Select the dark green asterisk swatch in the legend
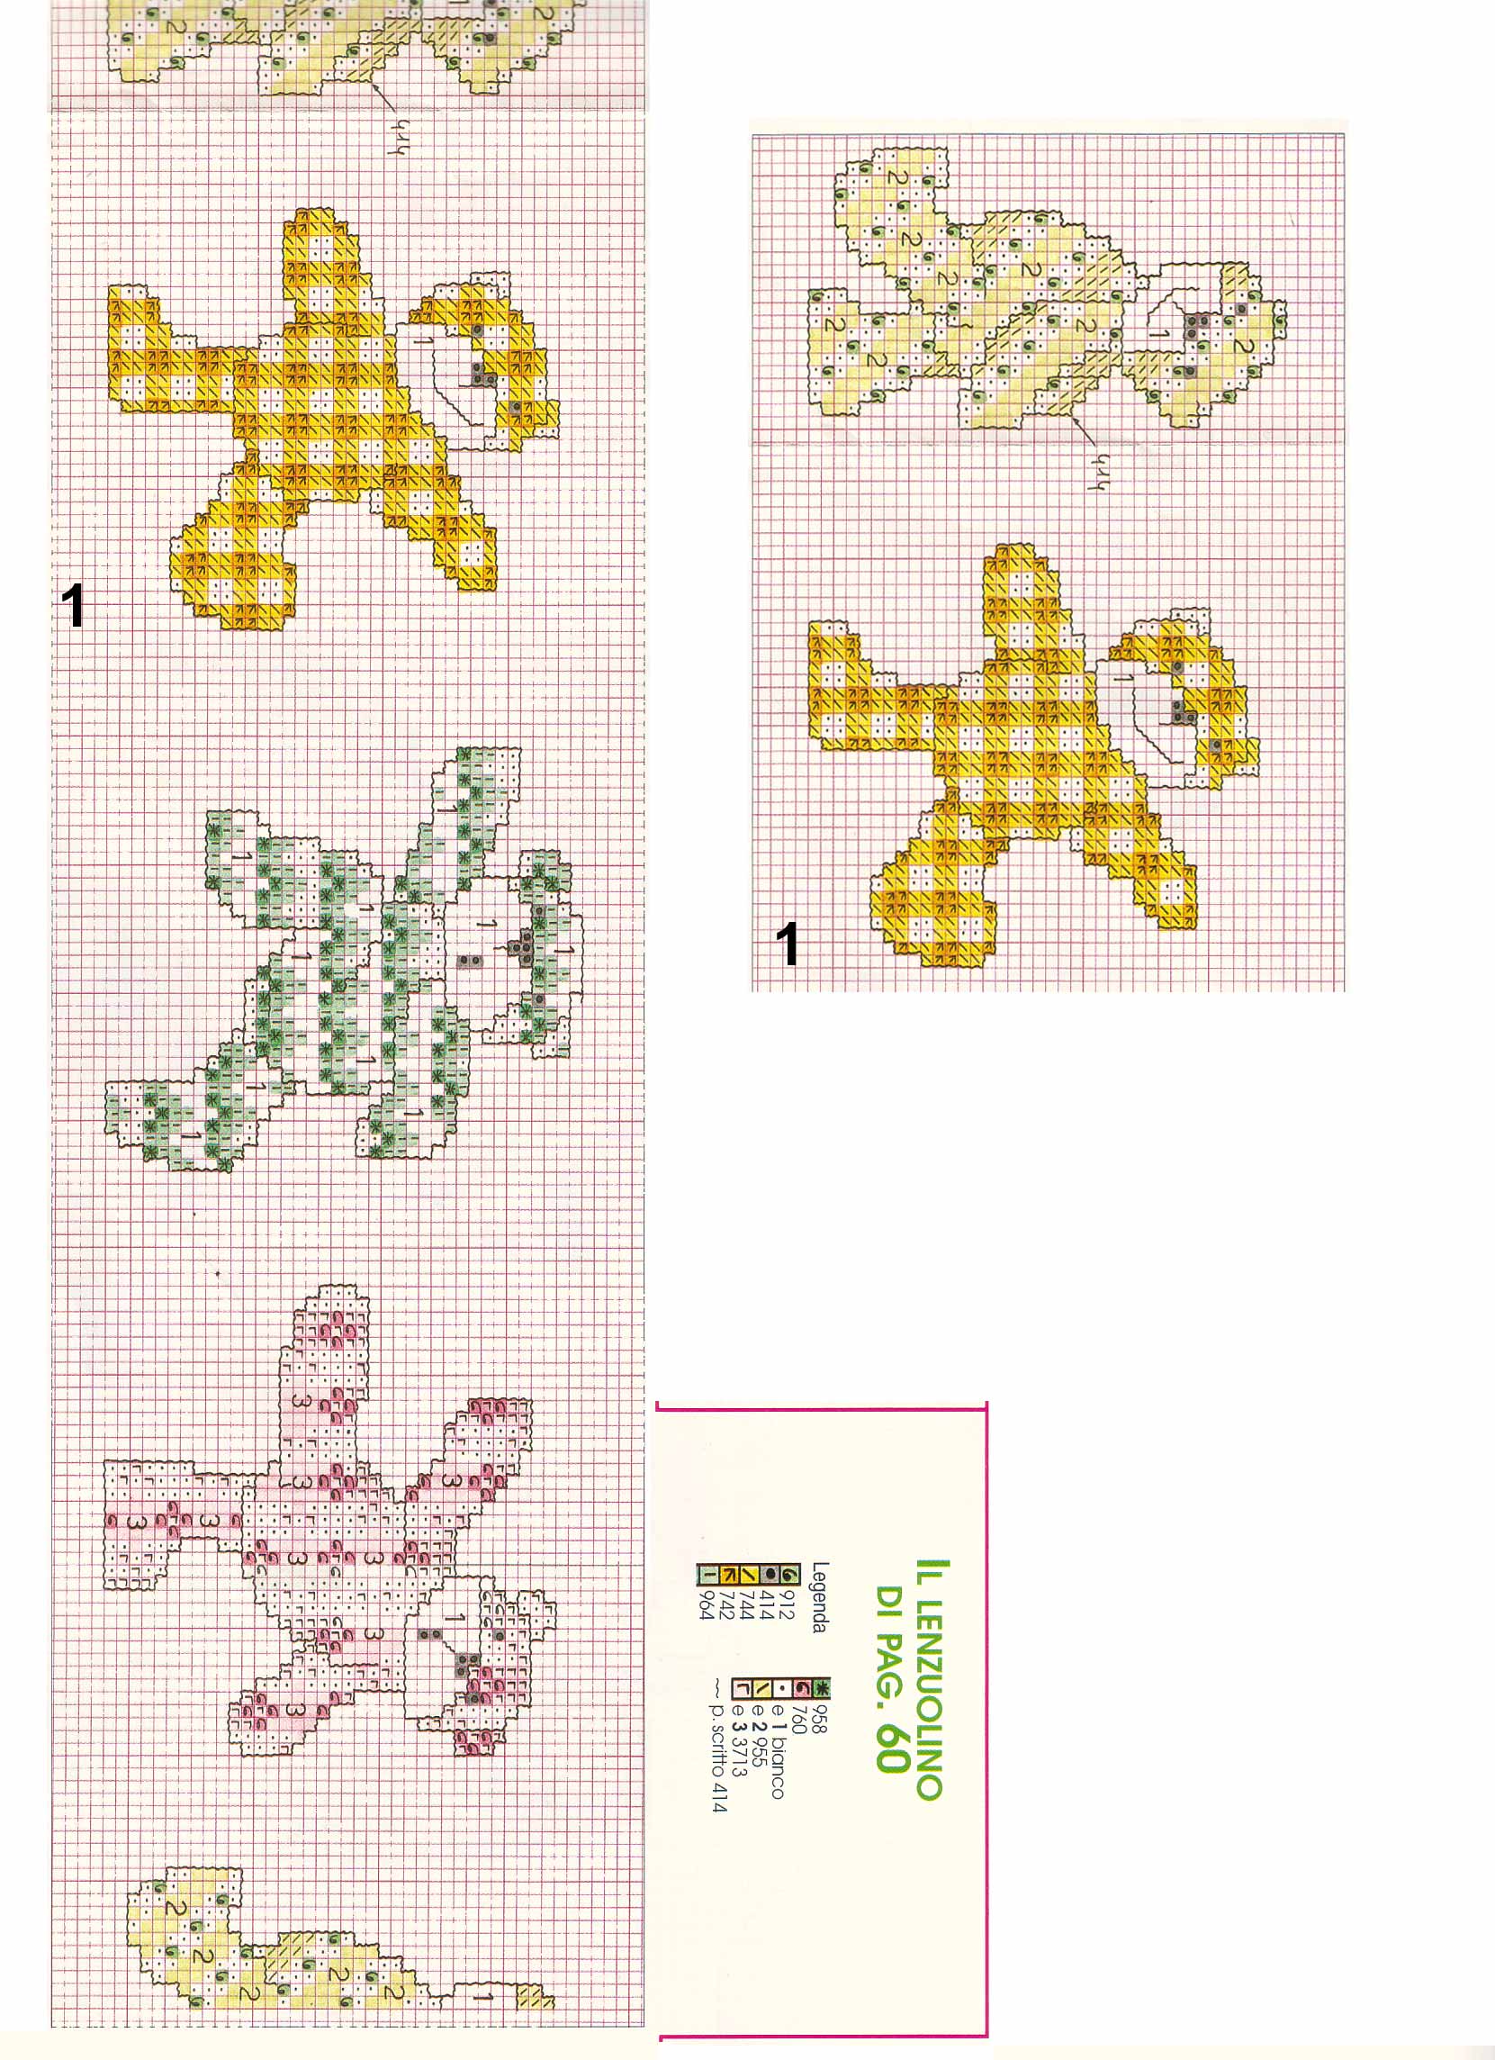tap(823, 1688)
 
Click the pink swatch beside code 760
tap(802, 1688)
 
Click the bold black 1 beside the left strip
tap(73, 606)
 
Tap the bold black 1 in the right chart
tap(789, 944)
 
